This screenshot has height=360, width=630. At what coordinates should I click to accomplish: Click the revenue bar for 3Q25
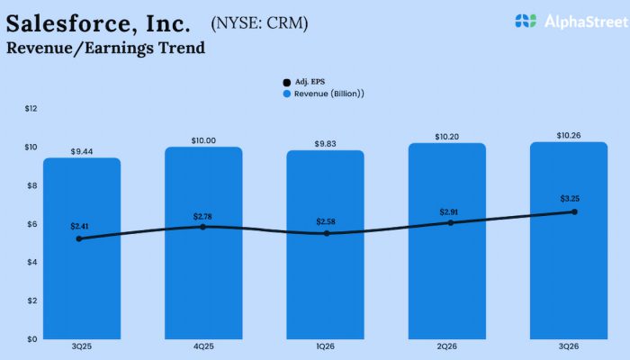pyautogui.click(x=82, y=270)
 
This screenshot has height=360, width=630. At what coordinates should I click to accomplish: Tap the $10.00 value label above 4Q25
pyautogui.click(x=203, y=140)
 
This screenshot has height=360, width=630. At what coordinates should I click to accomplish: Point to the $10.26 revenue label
pyautogui.click(x=569, y=136)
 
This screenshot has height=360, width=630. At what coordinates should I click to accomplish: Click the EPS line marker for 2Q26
pyautogui.click(x=451, y=222)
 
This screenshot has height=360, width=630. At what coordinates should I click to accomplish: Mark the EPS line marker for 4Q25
pyautogui.click(x=203, y=227)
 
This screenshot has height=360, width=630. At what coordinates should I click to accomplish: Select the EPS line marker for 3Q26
pyautogui.click(x=574, y=211)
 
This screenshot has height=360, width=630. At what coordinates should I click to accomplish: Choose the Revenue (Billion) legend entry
pyautogui.click(x=324, y=93)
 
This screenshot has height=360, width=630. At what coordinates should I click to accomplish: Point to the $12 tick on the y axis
pyautogui.click(x=31, y=109)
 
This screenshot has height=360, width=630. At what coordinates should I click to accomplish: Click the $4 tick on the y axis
pyautogui.click(x=31, y=262)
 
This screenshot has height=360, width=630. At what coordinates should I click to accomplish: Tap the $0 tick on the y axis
pyautogui.click(x=31, y=339)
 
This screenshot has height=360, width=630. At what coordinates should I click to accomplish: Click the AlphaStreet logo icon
pyautogui.click(x=526, y=20)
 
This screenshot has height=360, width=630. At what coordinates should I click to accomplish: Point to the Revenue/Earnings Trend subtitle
pyautogui.click(x=105, y=48)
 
